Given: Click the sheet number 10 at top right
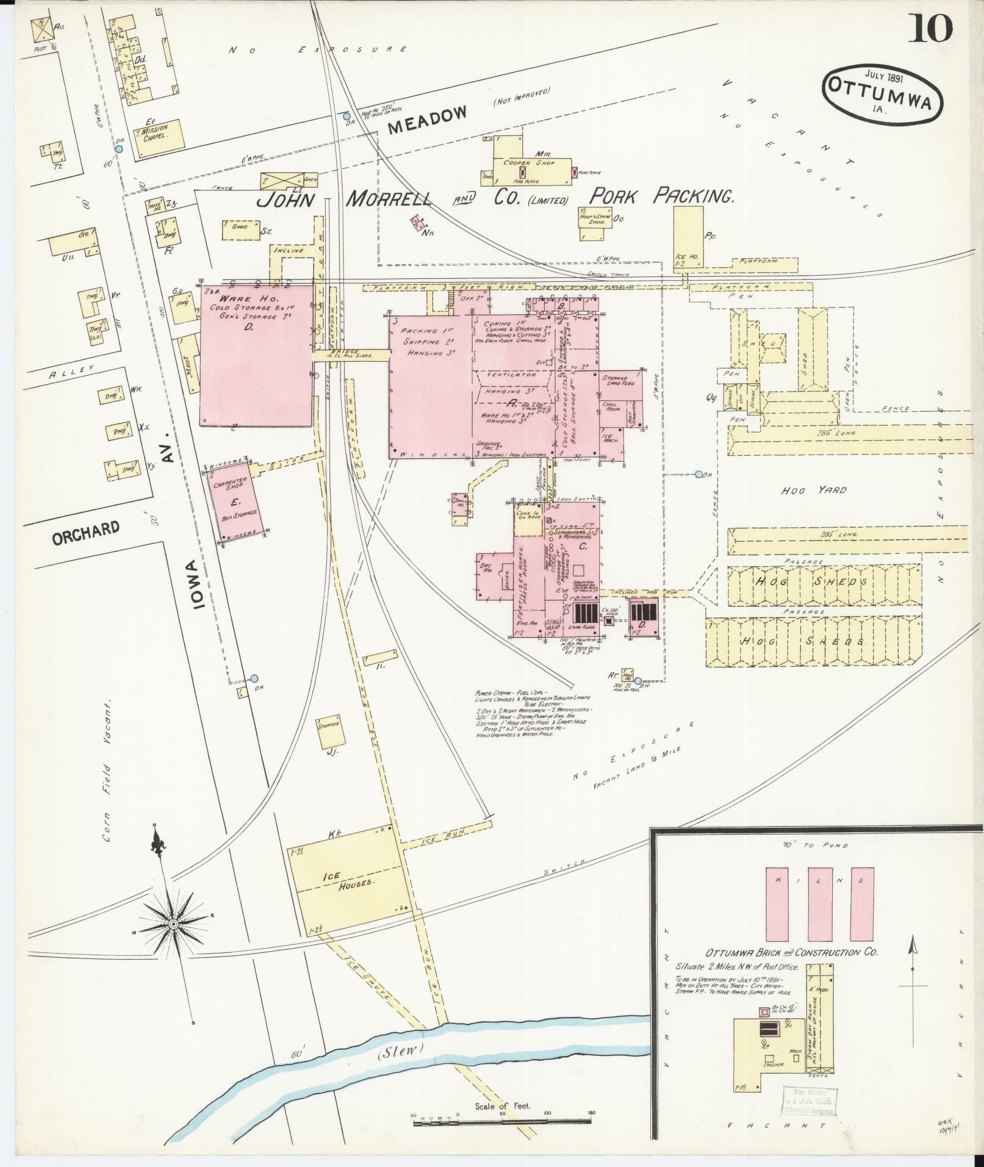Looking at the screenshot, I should click(x=931, y=29).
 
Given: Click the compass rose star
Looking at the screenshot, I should click(x=174, y=924).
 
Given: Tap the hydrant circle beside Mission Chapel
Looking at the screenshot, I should click(x=119, y=148).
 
